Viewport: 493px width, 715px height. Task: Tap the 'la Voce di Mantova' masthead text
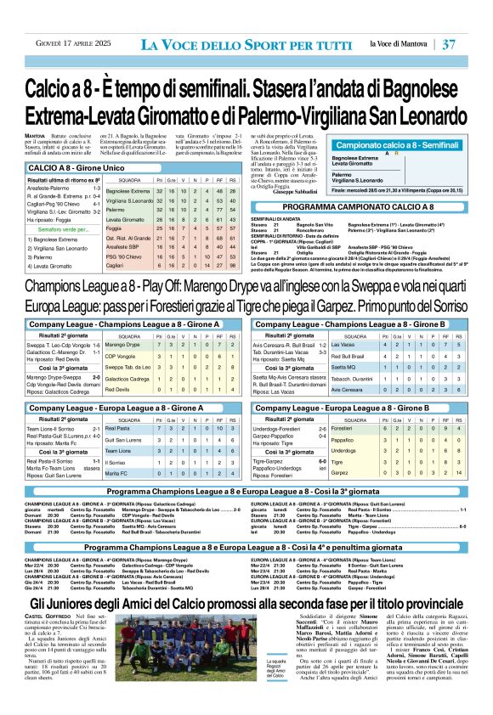click(x=399, y=43)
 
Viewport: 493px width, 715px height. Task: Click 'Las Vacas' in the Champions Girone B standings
click(x=343, y=345)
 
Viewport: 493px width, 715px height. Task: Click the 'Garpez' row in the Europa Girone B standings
click(x=339, y=472)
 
